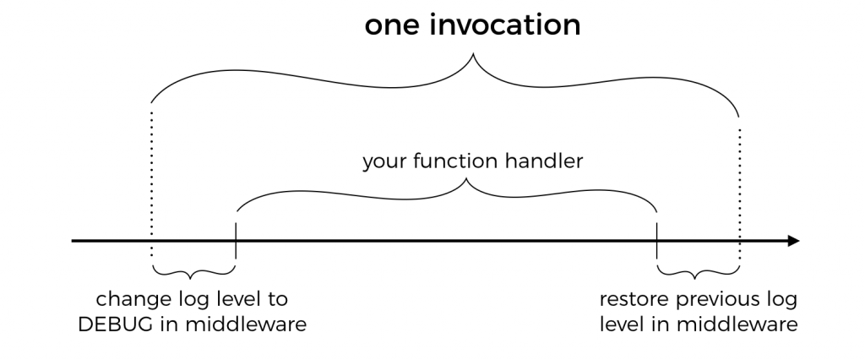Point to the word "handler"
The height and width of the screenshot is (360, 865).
tap(544, 161)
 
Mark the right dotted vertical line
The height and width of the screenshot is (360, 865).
tap(740, 194)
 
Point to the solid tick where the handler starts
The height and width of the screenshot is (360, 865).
tap(236, 241)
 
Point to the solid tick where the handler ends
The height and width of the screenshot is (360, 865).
tap(656, 241)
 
